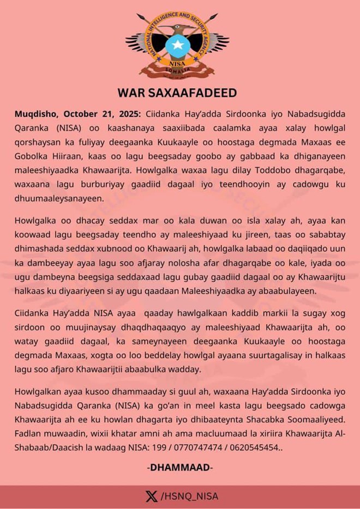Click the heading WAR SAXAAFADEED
point(177,93)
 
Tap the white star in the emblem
point(177,45)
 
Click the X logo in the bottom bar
point(152,496)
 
